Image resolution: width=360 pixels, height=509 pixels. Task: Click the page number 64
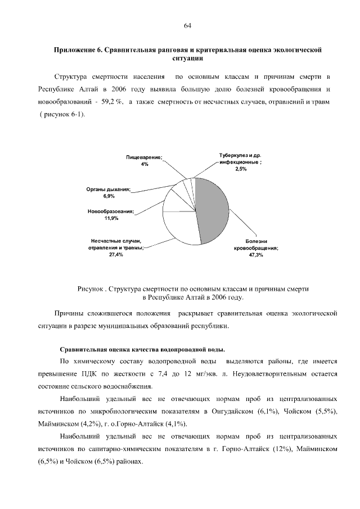(x=188, y=25)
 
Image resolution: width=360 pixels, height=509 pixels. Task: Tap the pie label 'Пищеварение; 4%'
(x=145, y=160)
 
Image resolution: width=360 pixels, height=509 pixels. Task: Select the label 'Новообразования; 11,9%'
(x=111, y=214)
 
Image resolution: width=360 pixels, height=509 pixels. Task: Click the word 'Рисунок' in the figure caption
(x=92, y=289)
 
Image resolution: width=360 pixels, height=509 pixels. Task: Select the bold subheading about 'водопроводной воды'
(x=143, y=349)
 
